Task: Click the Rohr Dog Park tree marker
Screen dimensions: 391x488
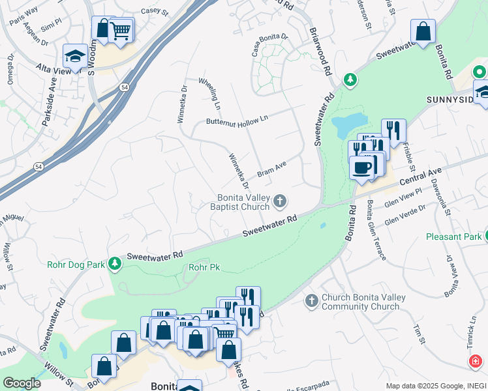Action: (x=115, y=263)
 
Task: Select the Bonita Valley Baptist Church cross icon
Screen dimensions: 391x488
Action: (x=280, y=201)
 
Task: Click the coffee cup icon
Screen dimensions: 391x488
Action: (x=361, y=168)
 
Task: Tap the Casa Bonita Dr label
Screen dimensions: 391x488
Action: (x=265, y=39)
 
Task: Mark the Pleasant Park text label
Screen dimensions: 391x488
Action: (x=453, y=237)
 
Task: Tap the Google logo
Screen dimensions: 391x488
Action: (x=21, y=383)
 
